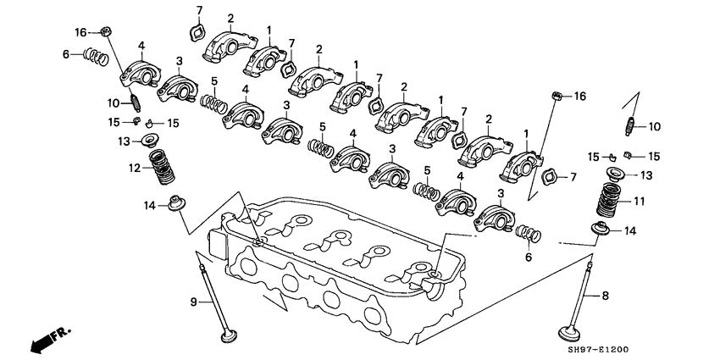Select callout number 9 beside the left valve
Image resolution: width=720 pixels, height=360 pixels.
click(192, 300)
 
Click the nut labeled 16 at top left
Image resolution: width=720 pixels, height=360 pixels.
click(106, 33)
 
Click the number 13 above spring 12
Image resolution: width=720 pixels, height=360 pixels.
click(123, 141)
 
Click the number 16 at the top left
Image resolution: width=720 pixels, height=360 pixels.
click(80, 32)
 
